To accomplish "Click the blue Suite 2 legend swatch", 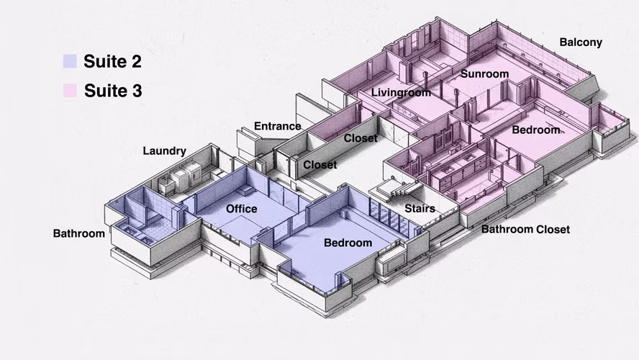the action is [x=70, y=61].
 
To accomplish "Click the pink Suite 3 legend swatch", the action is [x=70, y=91].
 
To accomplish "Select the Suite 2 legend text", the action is [x=112, y=61].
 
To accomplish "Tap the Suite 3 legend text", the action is [x=113, y=91].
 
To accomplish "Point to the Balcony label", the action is [x=581, y=42].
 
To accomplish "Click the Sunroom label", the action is [x=484, y=73].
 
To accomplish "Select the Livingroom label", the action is [x=401, y=93].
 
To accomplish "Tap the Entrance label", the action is [x=278, y=126].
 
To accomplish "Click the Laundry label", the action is [x=164, y=151].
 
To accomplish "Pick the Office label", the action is [x=242, y=209].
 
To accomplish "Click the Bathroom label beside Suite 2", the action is [x=79, y=233].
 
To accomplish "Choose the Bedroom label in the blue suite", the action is [x=348, y=243].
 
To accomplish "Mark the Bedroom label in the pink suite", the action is [x=536, y=130].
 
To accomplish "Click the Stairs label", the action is [x=420, y=208].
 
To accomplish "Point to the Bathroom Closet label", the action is [x=526, y=229].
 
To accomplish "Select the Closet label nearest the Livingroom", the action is [x=361, y=138].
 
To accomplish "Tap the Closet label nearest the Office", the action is [x=320, y=165].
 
